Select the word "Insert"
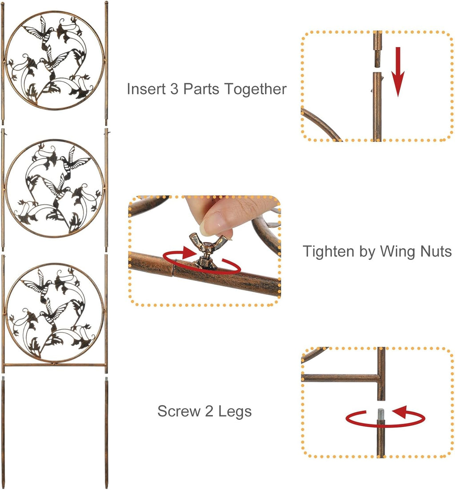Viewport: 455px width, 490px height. click(146, 89)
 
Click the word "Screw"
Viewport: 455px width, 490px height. click(179, 411)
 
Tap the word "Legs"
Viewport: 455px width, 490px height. click(235, 411)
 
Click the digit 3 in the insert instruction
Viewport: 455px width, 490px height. click(174, 89)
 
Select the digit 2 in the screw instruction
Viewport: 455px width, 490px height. click(209, 411)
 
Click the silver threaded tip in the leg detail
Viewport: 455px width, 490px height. click(381, 414)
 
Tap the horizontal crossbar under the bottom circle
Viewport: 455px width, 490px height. click(55, 365)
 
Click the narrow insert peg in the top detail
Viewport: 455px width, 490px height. click(378, 57)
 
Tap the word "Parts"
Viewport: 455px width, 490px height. click(201, 89)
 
